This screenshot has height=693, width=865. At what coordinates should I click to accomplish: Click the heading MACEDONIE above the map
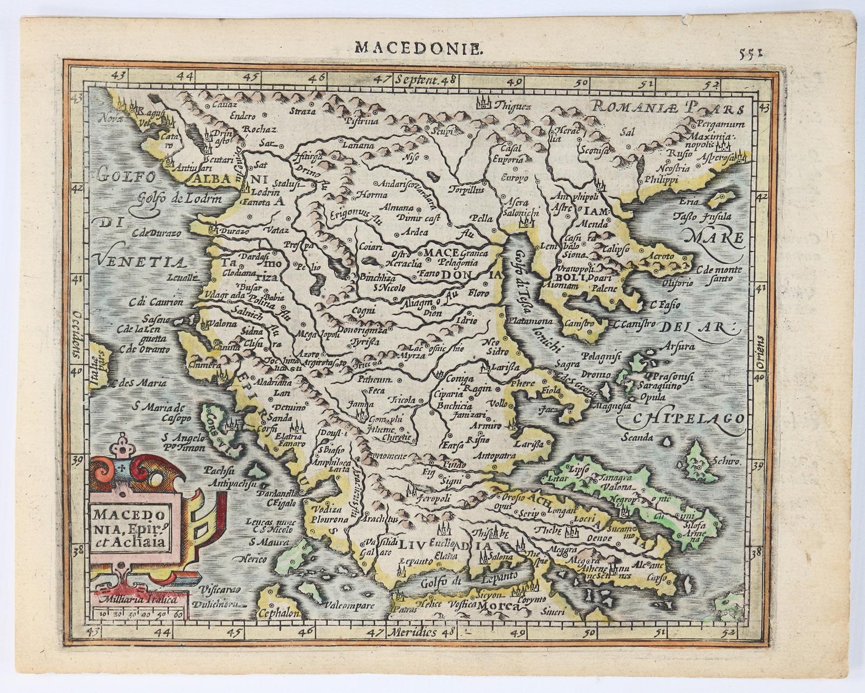[x=417, y=48]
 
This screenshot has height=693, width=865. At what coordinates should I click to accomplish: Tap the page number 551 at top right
[x=751, y=52]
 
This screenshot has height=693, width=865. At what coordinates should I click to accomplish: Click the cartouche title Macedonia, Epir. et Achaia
[x=130, y=526]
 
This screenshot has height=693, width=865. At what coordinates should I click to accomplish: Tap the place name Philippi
[x=660, y=181]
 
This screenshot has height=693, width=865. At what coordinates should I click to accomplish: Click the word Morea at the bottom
[x=497, y=607]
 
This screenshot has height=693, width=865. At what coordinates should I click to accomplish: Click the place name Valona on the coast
[x=223, y=324]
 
